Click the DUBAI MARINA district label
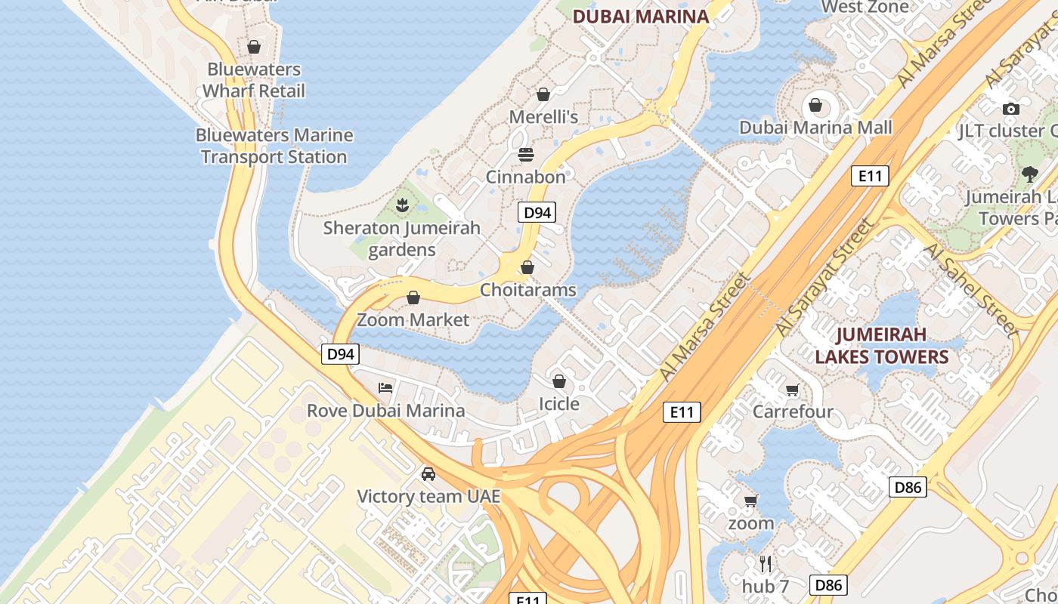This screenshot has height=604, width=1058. [x=640, y=17]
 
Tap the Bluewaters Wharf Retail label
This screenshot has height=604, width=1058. [x=254, y=80]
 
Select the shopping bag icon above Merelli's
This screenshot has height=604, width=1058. [x=543, y=94]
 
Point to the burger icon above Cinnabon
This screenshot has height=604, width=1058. [x=526, y=155]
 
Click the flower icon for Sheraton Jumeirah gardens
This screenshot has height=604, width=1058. [x=402, y=205]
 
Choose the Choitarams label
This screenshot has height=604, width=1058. [x=527, y=290]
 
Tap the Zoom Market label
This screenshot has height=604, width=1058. [x=413, y=319]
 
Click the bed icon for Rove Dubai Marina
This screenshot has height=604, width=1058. [x=385, y=388]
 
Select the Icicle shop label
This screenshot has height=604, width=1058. [x=558, y=404]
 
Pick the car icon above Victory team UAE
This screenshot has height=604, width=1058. [x=428, y=474]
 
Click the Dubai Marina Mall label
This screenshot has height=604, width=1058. [x=815, y=128]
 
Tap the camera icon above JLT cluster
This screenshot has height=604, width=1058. [x=1010, y=109]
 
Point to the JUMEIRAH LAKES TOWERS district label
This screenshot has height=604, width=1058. [x=881, y=345]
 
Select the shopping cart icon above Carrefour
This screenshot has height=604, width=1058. [x=792, y=390]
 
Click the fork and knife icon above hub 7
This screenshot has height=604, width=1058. [x=766, y=563]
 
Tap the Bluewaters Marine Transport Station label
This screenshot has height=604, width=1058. [x=274, y=146]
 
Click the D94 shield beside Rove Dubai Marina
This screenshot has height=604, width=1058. [x=340, y=353]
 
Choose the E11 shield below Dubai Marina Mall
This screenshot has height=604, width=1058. [x=870, y=177]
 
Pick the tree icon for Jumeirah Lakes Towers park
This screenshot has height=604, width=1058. [x=1029, y=174]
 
